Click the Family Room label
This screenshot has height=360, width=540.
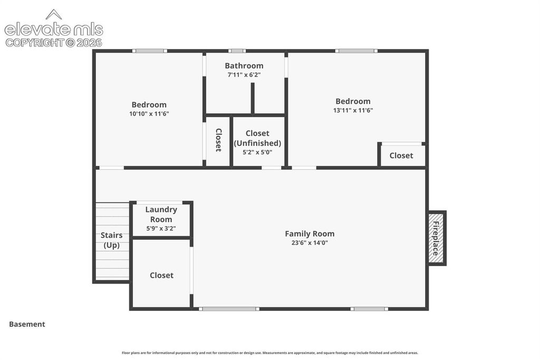point(310,233)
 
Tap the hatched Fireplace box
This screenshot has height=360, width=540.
point(436,238)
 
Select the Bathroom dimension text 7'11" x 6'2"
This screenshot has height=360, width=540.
point(244,75)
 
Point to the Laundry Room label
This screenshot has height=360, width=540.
point(161,215)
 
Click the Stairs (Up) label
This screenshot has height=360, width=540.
point(112,240)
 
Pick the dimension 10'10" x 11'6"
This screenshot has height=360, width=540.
point(149,114)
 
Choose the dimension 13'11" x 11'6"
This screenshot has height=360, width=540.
point(353,111)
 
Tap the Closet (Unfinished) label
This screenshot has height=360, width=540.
point(257,138)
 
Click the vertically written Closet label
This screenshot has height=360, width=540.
point(218,140)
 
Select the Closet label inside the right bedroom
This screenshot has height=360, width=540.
point(401,155)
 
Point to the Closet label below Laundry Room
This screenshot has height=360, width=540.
point(161,275)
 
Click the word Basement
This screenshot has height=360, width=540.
point(27,324)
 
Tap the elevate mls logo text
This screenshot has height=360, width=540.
point(54,30)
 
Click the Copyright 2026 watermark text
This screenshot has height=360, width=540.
point(54,43)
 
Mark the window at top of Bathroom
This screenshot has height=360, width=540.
point(237,51)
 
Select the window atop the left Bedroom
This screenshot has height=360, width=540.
point(150,51)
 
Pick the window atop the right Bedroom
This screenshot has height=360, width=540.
point(356,51)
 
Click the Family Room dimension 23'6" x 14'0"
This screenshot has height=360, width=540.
point(310,243)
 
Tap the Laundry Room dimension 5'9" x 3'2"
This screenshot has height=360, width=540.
point(161,229)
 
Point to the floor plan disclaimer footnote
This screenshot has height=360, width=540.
point(270,353)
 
